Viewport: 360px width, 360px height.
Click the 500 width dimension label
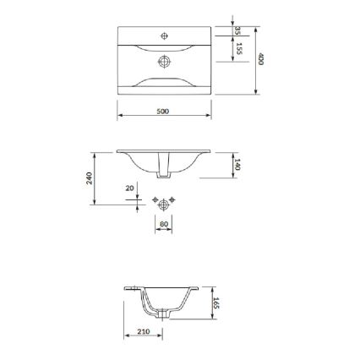coord(163,111)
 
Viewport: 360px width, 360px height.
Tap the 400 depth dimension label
coord(262,59)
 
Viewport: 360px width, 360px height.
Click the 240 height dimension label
coord(90,177)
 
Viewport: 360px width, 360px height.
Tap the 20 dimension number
coord(129,188)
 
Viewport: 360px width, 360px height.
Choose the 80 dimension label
coord(163,224)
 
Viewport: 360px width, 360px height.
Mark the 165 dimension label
coord(216,302)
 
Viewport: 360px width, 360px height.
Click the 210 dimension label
coord(143,331)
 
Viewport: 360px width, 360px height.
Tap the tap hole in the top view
coord(164,35)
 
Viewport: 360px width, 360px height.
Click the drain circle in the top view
coord(164,61)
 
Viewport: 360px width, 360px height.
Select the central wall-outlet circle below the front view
coord(163,203)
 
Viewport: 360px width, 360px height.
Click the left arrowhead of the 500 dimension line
coord(118,116)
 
